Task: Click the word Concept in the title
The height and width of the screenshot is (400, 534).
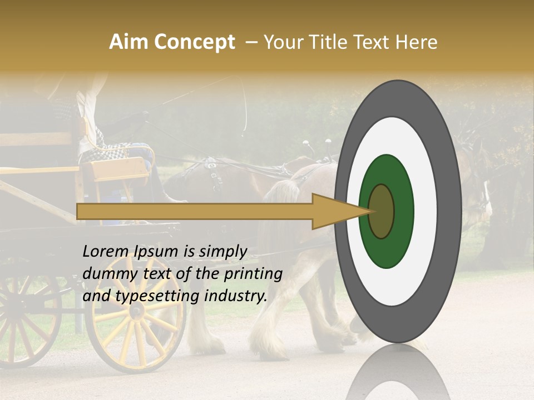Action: [x=195, y=42]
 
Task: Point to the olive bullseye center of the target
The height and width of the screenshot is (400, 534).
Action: [x=382, y=211]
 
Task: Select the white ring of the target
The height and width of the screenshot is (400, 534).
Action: [x=426, y=211]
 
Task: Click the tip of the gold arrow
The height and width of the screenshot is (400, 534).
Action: [x=372, y=211]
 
